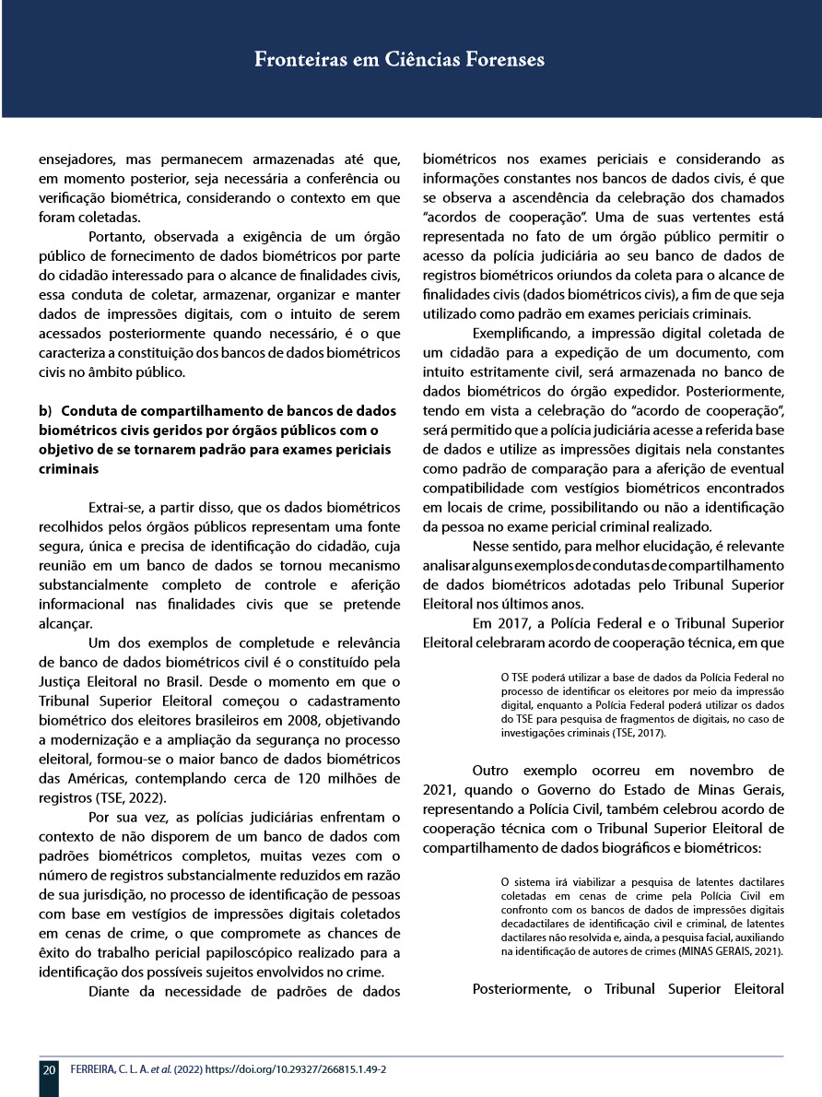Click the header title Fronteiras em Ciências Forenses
tap(399, 61)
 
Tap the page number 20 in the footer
tap(49, 1070)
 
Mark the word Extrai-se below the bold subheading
tap(116, 507)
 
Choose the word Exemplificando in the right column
tap(524, 333)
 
